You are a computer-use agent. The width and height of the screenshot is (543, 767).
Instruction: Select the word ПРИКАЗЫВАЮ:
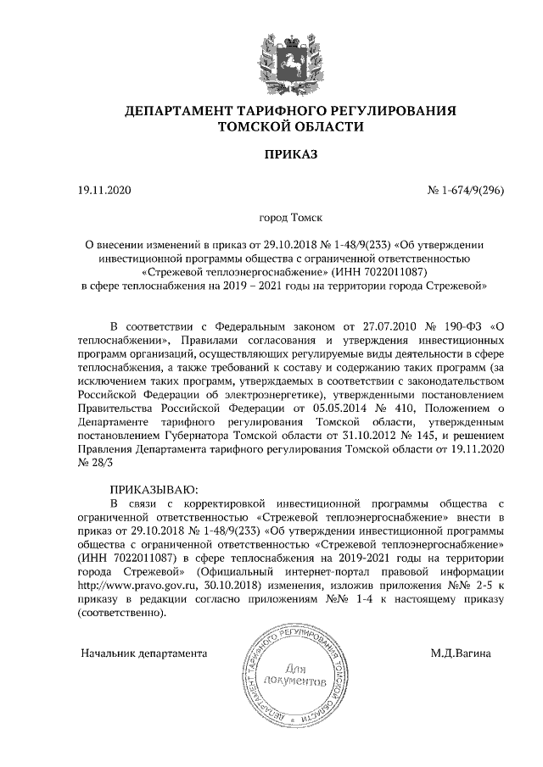[154, 490]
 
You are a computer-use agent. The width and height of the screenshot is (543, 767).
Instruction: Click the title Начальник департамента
[143, 654]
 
